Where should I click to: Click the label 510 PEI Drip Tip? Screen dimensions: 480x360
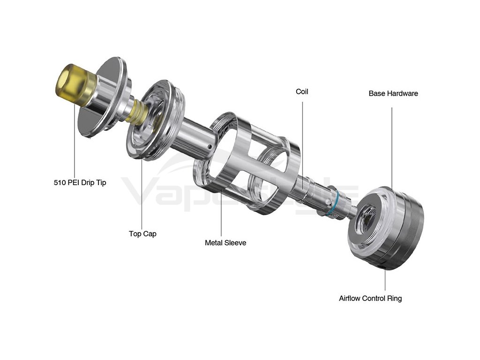80,182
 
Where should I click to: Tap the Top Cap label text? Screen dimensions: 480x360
142,233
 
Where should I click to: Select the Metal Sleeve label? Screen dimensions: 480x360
225,243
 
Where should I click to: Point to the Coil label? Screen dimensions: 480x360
302,91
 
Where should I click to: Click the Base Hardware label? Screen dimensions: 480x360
393,93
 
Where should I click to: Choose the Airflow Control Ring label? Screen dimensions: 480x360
370,298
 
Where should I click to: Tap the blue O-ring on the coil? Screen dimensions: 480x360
333,204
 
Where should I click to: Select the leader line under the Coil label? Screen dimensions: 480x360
302,141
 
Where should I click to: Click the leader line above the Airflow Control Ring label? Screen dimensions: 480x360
385,279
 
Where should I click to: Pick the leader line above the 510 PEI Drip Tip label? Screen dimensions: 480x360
75,141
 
